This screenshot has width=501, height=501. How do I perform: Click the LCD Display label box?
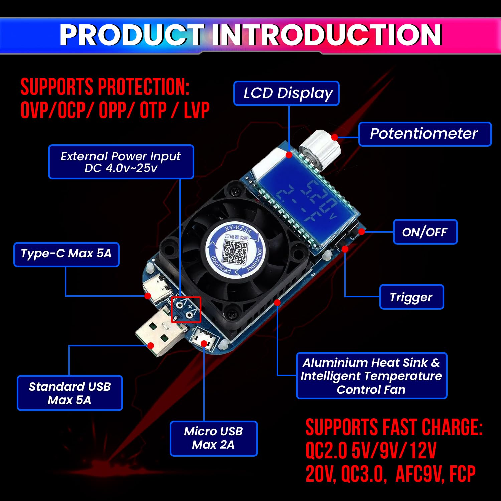(x=287, y=93)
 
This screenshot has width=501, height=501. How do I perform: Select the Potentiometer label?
(x=425, y=134)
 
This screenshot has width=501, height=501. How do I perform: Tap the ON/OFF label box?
(x=425, y=232)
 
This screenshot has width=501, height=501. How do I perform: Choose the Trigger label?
(x=411, y=297)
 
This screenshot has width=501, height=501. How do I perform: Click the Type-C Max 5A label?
(x=66, y=254)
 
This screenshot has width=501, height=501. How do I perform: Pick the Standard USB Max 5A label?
(x=69, y=393)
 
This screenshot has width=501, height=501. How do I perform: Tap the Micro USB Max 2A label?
(x=213, y=438)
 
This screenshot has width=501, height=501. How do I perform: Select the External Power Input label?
(x=121, y=162)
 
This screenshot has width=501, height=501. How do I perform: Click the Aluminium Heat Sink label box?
(x=371, y=376)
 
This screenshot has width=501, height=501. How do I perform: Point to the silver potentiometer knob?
(x=319, y=150)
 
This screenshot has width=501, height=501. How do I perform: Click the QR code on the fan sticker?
(x=235, y=252)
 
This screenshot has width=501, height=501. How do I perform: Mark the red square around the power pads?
(x=186, y=309)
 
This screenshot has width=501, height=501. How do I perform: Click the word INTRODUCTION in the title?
(x=327, y=35)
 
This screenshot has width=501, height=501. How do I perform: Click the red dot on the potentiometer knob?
(x=334, y=137)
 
